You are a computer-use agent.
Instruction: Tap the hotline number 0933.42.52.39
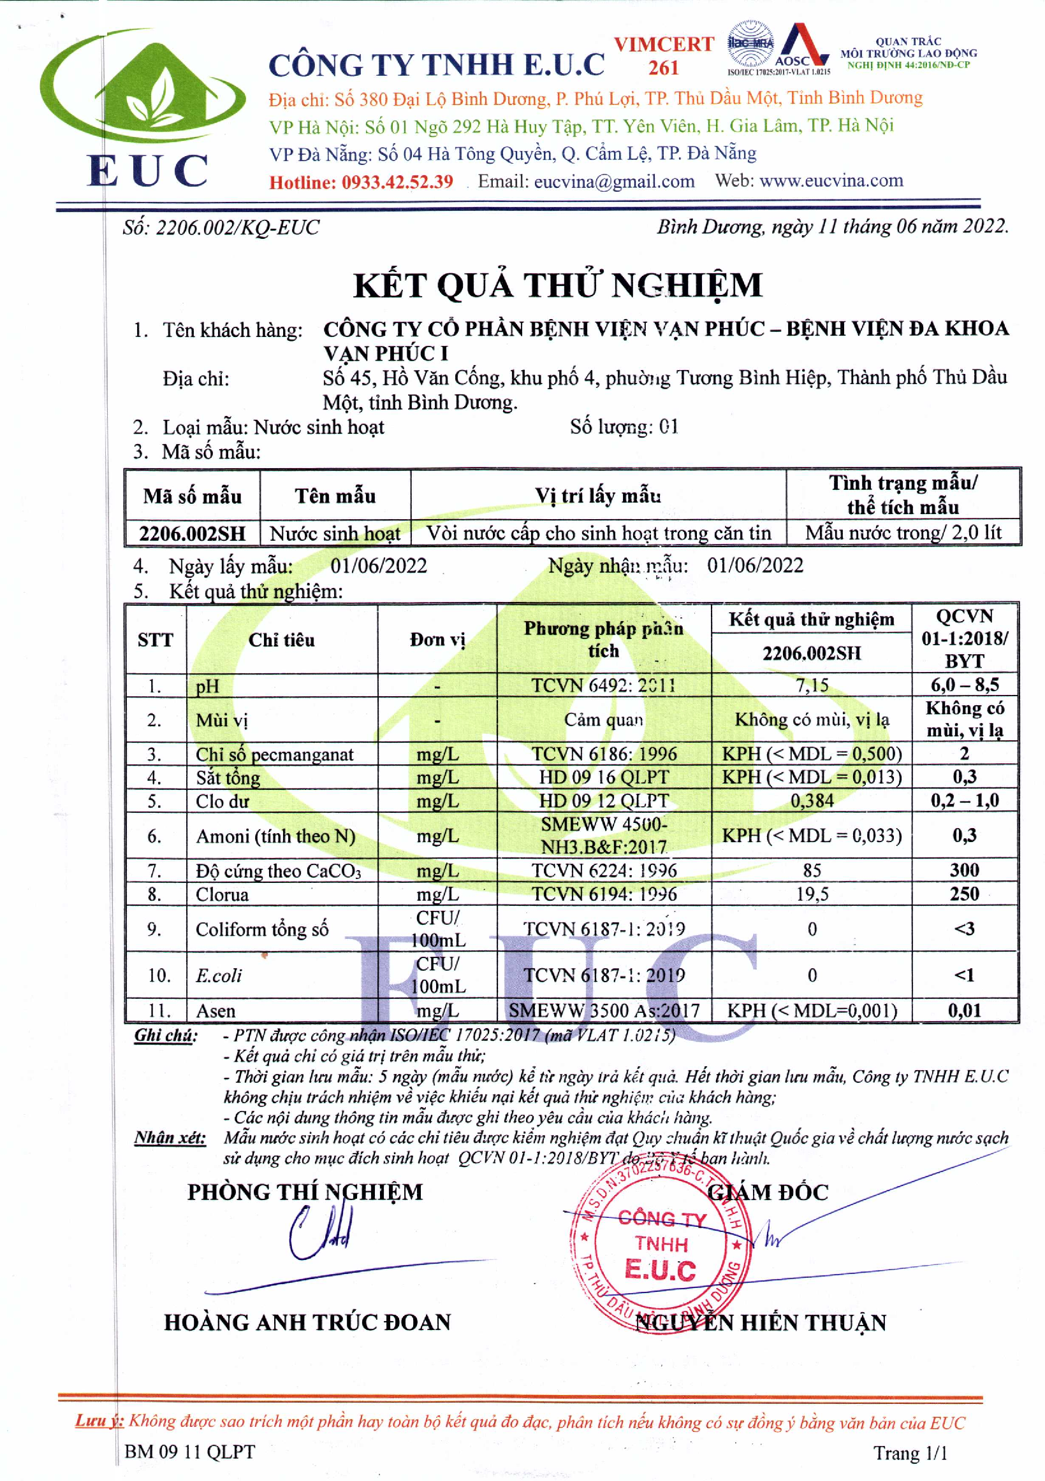pyautogui.click(x=397, y=182)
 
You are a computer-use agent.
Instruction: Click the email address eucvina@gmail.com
pyautogui.click(x=614, y=182)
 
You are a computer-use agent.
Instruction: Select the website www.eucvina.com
pyautogui.click(x=831, y=181)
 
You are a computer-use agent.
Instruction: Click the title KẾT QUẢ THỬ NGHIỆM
pyautogui.click(x=558, y=285)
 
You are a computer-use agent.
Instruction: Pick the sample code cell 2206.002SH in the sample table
pyautogui.click(x=193, y=533)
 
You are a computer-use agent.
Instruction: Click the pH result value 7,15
pyautogui.click(x=812, y=685)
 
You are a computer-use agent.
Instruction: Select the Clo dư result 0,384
pyautogui.click(x=812, y=801)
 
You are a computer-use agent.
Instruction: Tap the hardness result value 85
pyautogui.click(x=812, y=870)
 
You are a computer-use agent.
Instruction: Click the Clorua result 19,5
pyautogui.click(x=812, y=894)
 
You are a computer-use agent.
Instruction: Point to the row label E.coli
pyautogui.click(x=219, y=975)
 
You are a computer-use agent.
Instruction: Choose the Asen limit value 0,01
pyautogui.click(x=963, y=1010)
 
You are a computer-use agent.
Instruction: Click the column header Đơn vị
pyautogui.click(x=437, y=640)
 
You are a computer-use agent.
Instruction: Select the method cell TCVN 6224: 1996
pyautogui.click(x=604, y=870)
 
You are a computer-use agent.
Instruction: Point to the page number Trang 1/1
pyautogui.click(x=910, y=1452)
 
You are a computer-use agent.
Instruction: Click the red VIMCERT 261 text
pyautogui.click(x=664, y=55)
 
